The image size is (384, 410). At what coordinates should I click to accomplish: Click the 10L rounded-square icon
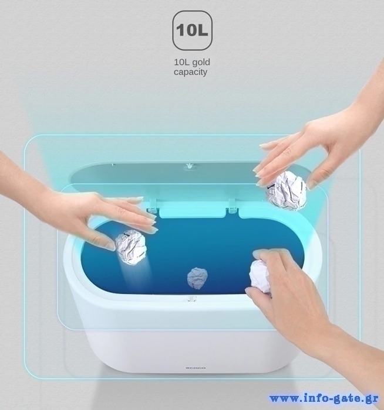click(192, 30)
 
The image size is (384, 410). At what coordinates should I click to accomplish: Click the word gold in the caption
click(201, 63)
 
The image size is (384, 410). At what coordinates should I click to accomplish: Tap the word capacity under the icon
click(191, 72)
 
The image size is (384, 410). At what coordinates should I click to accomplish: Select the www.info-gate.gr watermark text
click(324, 399)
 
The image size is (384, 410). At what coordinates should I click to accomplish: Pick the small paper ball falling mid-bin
click(197, 278)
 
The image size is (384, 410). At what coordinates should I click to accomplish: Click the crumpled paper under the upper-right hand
click(286, 190)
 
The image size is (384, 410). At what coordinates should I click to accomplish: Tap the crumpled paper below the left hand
click(131, 247)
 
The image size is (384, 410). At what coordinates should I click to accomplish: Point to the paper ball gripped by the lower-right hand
click(260, 276)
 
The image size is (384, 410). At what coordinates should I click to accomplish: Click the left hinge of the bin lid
click(153, 205)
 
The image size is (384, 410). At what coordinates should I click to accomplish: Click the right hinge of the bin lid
click(233, 205)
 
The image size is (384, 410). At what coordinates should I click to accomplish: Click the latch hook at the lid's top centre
click(188, 166)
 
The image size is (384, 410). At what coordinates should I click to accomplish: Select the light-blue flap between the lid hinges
click(193, 211)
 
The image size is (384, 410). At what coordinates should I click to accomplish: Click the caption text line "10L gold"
click(192, 63)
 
